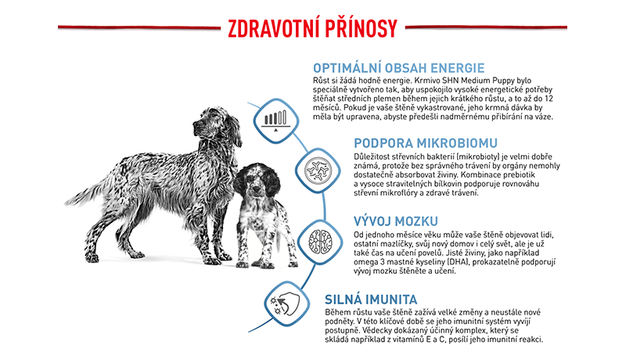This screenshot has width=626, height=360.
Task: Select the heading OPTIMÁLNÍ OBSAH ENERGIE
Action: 398,68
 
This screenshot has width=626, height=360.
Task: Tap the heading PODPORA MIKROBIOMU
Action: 426,143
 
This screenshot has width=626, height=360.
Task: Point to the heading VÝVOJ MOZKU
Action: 396,221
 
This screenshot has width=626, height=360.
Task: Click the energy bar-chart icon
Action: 276,121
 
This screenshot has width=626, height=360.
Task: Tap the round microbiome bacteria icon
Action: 318,171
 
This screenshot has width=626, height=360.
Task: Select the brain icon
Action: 320,242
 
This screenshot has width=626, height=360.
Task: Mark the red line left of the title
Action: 139,27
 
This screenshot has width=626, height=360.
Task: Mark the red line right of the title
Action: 486,27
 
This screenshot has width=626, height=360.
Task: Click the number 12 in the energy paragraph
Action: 549,98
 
